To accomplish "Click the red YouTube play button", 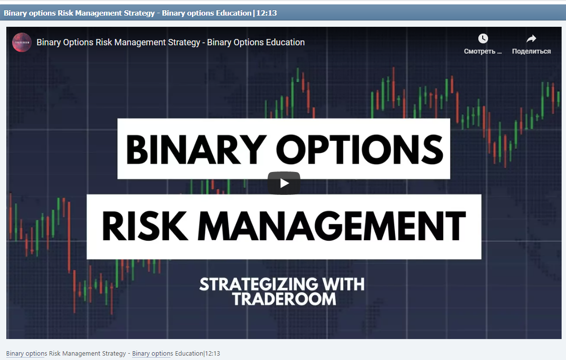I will (283, 183).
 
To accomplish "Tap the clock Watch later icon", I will (483, 38).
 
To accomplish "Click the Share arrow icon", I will (531, 38).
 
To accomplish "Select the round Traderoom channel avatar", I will (22, 42).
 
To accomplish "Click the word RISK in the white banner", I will (141, 227).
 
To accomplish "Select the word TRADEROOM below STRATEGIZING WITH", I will (284, 299).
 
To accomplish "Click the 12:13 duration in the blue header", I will (266, 13).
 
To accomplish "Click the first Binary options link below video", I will (26, 353).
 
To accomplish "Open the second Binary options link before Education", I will (152, 353).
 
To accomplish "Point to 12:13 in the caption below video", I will (212, 353).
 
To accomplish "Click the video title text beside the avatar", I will (170, 42).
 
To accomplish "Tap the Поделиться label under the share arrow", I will (531, 51).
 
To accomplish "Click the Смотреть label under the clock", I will (483, 51).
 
